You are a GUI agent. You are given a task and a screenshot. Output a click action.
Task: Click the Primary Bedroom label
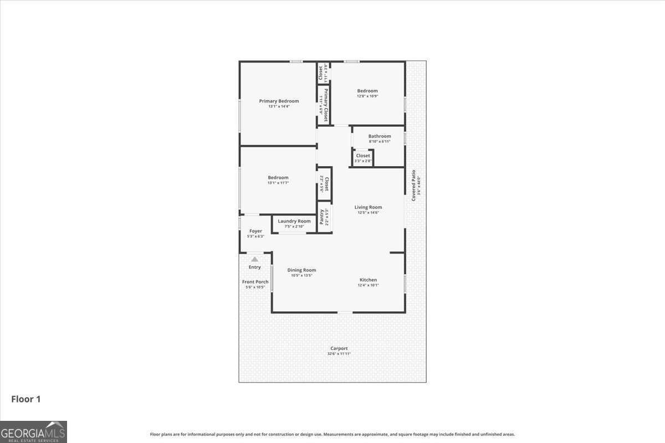279,101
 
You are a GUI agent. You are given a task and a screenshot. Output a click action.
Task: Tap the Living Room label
369,207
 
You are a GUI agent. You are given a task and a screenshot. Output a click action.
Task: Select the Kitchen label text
368,280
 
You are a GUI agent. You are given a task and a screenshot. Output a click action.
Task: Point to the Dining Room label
301,270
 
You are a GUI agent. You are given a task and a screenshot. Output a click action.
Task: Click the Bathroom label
380,136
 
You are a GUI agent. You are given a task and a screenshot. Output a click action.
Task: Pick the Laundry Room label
294,221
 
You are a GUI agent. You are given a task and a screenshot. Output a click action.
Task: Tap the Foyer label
255,231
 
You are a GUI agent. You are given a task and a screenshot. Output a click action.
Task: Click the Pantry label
322,217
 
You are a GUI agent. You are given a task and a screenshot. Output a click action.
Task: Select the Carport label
339,348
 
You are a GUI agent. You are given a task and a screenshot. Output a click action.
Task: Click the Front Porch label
255,282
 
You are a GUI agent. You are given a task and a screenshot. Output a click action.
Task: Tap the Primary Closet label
326,105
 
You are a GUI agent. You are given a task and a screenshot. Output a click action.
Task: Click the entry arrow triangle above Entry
254,259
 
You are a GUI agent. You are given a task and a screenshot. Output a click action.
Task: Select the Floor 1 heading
26,399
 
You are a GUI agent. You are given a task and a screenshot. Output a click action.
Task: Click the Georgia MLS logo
33,431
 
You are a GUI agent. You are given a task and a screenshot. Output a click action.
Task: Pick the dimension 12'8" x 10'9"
367,96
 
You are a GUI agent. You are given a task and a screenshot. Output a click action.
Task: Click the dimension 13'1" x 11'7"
278,183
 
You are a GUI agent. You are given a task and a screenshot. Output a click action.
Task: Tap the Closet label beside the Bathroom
363,156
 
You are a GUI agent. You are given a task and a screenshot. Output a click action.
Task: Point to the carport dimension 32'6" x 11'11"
339,354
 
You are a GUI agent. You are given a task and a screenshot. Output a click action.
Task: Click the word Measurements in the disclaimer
339,435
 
